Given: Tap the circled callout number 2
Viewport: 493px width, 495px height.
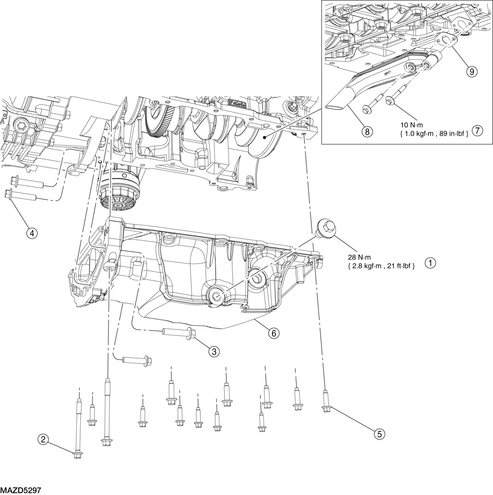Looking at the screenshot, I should (x=43, y=439).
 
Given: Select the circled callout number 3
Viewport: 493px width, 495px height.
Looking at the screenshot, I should (x=214, y=351).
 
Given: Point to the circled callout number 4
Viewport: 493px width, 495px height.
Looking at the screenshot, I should (x=32, y=233).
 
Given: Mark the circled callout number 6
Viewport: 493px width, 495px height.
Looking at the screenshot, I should (x=273, y=333).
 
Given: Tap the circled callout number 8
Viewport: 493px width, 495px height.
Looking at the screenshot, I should (x=367, y=132).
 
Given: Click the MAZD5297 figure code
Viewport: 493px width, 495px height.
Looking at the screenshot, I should (x=21, y=490).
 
